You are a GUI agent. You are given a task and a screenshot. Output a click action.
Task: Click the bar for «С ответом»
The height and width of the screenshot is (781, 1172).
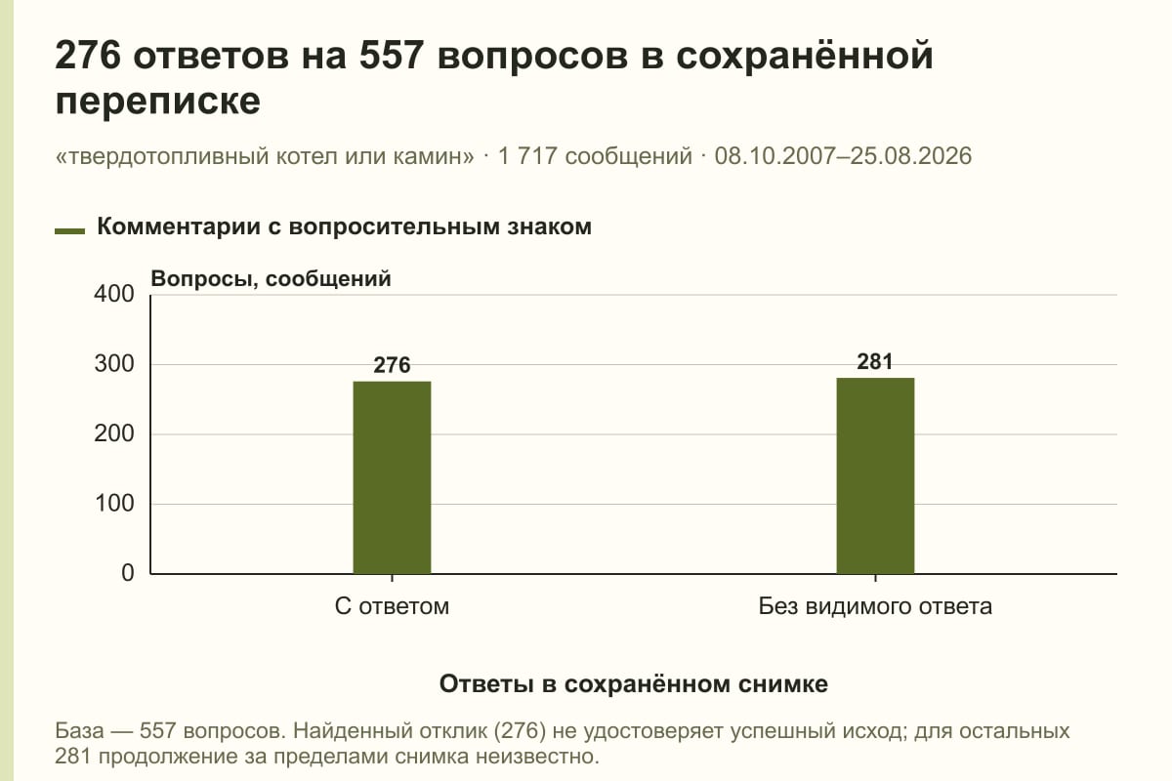pos(392,477)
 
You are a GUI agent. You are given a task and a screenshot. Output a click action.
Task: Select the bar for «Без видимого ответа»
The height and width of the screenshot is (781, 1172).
pos(875,475)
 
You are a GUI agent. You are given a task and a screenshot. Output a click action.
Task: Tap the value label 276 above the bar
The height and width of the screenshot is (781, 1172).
pos(392,365)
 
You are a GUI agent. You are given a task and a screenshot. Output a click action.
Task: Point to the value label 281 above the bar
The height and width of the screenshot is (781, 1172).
pos(875,361)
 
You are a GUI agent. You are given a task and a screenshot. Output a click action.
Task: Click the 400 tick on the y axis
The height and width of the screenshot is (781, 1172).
pos(114,294)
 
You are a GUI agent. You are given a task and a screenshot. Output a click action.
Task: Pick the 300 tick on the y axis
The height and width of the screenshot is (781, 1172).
pos(114,364)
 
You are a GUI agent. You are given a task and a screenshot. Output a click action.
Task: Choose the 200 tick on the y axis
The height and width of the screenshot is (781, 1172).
pos(114,433)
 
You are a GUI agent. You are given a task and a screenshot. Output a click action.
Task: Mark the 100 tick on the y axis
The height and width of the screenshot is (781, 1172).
pos(114,503)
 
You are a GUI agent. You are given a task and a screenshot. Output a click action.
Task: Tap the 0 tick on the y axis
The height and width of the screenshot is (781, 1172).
pos(128,573)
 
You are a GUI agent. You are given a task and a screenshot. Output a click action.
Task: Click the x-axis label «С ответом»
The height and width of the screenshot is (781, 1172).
pos(392,607)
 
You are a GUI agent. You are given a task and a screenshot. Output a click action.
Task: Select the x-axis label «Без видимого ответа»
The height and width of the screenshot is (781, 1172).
pos(875,607)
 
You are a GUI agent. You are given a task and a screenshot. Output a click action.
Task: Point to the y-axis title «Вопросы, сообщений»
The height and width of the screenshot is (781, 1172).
pos(272,279)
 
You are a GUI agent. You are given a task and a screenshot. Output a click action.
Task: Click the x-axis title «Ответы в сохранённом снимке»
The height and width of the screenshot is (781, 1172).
pos(634,684)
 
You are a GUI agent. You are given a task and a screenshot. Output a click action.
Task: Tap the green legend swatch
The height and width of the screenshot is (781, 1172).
pos(69,230)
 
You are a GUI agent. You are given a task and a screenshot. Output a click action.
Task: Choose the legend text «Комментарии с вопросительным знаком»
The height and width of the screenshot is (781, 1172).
pos(344,227)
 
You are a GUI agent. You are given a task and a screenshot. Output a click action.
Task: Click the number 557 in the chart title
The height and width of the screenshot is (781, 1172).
pos(392,55)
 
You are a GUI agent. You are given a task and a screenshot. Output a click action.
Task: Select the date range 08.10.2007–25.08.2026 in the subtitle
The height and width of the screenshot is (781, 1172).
pos(844,156)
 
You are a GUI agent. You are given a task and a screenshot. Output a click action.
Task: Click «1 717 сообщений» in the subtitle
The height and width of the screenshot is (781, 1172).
pos(595,156)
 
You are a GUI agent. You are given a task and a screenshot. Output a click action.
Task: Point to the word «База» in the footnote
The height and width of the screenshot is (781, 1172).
pos(79,731)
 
